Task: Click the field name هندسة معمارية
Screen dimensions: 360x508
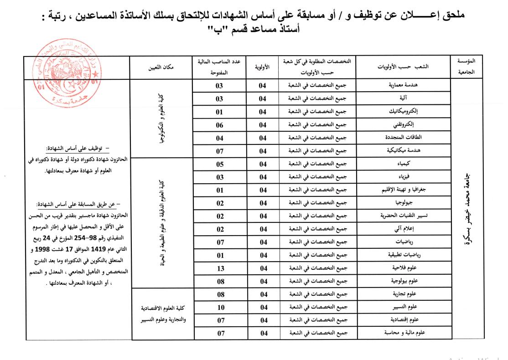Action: point(403,86)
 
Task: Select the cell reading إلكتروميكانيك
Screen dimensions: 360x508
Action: point(403,112)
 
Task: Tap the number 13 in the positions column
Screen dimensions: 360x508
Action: point(219,268)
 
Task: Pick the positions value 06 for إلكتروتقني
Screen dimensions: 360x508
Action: point(219,125)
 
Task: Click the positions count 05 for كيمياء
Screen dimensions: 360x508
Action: point(219,164)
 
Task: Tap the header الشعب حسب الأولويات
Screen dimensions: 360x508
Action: point(403,67)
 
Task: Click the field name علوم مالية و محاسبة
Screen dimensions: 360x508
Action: point(403,333)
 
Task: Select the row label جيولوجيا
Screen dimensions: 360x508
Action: point(403,203)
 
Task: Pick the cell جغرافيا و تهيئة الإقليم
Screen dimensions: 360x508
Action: point(403,190)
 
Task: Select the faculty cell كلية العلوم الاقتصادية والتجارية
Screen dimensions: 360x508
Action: point(161,314)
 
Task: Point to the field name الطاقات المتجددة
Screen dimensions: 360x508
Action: point(403,138)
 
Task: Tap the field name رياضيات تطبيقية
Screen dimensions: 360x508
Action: point(403,255)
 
